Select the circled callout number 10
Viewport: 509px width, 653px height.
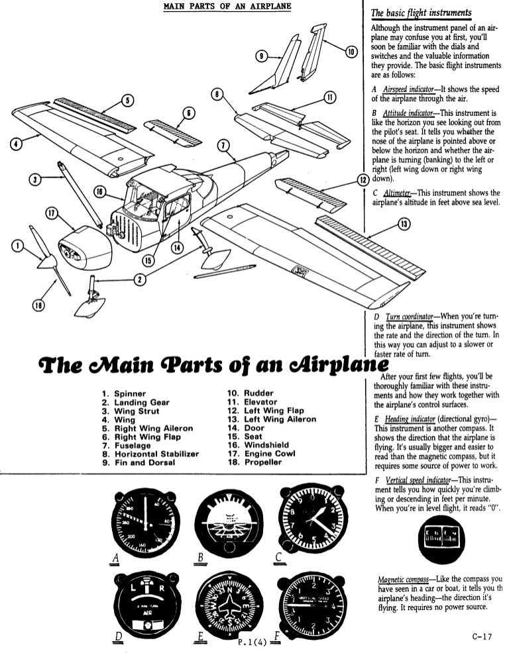click(x=350, y=51)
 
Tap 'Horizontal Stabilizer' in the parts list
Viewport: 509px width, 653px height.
click(x=150, y=454)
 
